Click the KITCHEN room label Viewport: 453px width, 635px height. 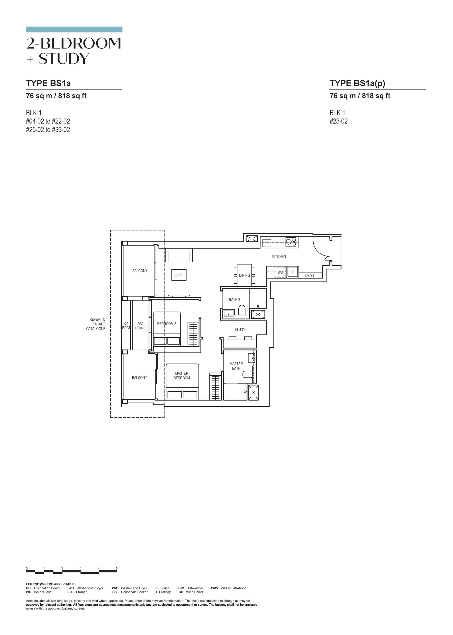(x=279, y=256)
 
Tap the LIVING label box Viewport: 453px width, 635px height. (x=179, y=275)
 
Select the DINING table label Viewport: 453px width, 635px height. (x=244, y=275)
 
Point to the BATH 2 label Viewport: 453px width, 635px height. (x=234, y=299)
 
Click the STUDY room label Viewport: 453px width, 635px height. (x=240, y=329)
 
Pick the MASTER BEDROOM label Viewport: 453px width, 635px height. (x=182, y=375)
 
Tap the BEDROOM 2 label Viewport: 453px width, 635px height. (x=167, y=324)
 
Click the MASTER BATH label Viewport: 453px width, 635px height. (x=236, y=366)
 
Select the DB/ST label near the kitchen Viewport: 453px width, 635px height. (x=310, y=276)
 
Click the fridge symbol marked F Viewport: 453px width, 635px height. (x=293, y=272)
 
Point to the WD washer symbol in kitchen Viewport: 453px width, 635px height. (x=280, y=272)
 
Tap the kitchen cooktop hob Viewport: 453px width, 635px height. (x=291, y=242)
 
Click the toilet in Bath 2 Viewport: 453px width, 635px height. (x=242, y=310)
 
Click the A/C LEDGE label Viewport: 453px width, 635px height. (x=140, y=326)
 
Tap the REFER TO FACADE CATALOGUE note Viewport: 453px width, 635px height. (x=96, y=324)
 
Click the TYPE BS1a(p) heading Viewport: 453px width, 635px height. (x=357, y=83)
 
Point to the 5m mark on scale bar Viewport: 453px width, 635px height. (x=118, y=568)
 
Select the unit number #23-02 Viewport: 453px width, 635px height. (x=339, y=121)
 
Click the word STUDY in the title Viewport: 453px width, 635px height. (x=64, y=59)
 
